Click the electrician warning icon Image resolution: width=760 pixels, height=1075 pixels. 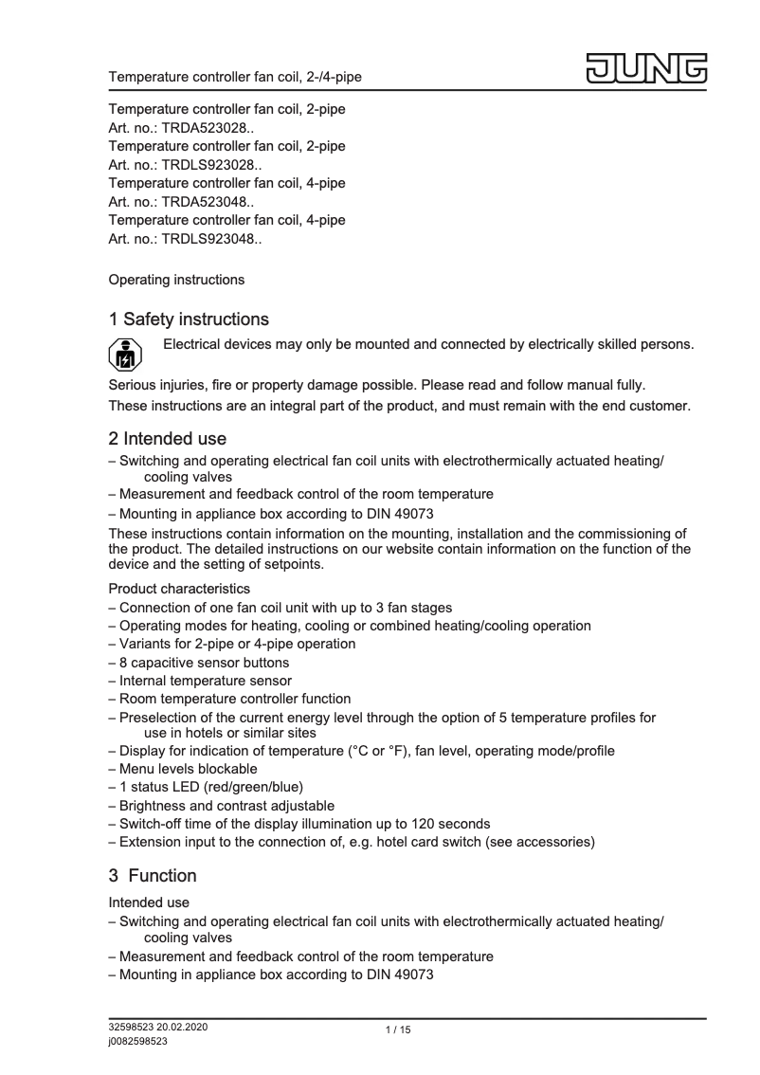pos(126,354)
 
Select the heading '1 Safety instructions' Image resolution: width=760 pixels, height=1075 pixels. pos(190,319)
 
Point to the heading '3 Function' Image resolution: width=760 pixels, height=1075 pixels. pos(153,875)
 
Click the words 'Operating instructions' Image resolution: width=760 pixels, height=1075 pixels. pos(177,280)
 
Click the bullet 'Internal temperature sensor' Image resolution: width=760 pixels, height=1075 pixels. pos(206,681)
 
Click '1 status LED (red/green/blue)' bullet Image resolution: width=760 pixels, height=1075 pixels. pos(213,787)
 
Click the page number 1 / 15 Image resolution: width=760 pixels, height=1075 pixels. pos(398,1030)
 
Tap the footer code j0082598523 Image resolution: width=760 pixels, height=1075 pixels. pos(138,1041)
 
